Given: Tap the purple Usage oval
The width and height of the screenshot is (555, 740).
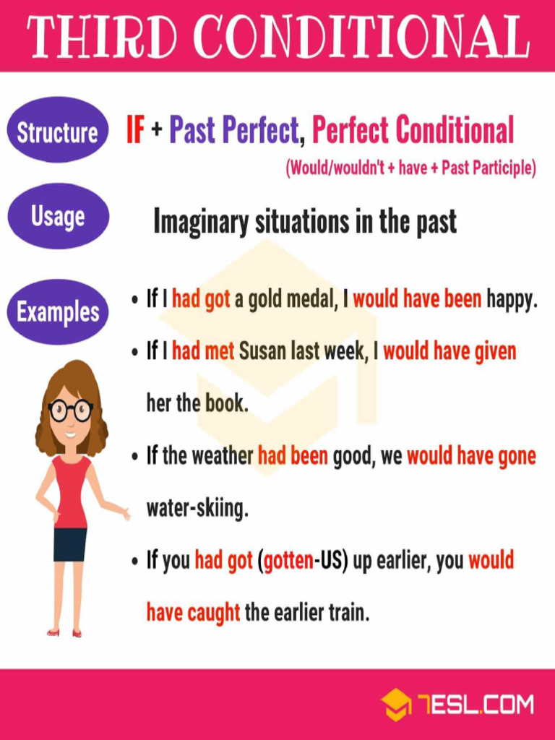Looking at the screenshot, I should pos(58,216).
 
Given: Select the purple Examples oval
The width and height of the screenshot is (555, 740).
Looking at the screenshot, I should pos(58,312).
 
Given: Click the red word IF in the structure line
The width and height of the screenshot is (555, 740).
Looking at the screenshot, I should pos(135,131).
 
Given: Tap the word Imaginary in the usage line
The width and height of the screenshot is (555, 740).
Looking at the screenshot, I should pos(201,222).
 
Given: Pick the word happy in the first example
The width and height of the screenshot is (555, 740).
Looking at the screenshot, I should pos(512,300).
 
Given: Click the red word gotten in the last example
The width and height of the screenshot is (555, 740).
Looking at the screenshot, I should pos(288,562).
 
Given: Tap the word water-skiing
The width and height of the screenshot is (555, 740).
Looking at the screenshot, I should pos(197,509).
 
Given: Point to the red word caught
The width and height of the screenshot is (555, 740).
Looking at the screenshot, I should pos(214,614).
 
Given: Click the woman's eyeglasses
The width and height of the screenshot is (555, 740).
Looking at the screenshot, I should pos(70,410).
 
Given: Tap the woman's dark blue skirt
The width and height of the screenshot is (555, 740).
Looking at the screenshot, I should pos(70,544).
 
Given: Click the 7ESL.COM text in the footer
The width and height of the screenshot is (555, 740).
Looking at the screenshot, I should pos(475,705).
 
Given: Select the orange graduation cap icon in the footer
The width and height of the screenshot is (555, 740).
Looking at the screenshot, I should pos(396,705).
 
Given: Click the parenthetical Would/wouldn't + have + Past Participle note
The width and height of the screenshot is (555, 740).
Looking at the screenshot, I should pos(410,168).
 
